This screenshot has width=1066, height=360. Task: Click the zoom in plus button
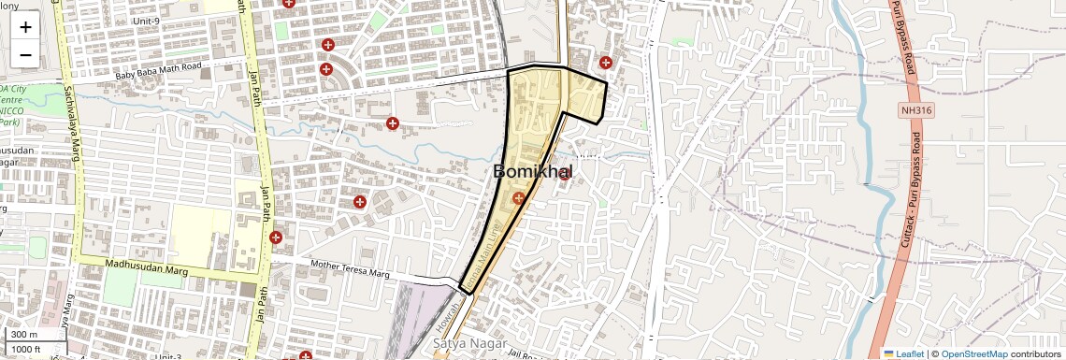click(25, 26)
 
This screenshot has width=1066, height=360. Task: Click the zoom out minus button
click(25, 54)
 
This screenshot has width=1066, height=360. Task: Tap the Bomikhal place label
click(532, 172)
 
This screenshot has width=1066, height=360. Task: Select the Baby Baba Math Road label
click(158, 67)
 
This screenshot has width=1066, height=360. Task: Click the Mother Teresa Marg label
click(350, 269)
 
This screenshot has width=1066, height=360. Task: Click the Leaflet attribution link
click(904, 353)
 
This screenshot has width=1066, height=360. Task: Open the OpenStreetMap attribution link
click(973, 353)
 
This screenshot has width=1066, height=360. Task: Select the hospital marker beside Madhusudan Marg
click(275, 238)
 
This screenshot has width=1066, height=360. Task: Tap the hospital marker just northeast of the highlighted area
click(606, 63)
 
